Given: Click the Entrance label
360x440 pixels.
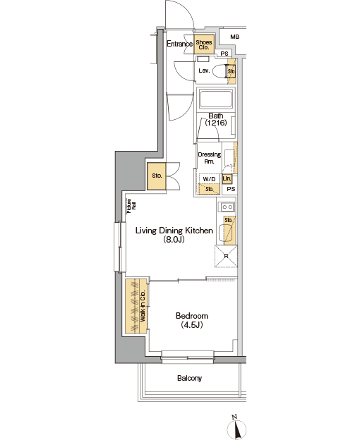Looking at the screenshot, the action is [179, 44].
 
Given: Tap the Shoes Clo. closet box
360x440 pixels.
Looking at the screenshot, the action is [204, 44].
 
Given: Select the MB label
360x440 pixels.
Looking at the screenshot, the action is [235, 37].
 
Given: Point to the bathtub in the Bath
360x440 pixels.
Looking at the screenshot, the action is [216, 99].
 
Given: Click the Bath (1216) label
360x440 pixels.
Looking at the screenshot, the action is [216, 119].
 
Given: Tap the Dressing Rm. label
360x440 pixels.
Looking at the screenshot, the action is [209, 158].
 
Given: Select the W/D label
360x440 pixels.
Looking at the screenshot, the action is [209, 179].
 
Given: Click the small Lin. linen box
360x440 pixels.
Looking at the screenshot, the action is [227, 179].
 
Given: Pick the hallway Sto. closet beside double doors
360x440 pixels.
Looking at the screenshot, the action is [157, 176].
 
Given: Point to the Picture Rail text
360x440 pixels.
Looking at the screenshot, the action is [131, 206].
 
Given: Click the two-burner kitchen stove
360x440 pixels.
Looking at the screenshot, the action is [227, 207].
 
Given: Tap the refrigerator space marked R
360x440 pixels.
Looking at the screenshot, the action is [226, 256].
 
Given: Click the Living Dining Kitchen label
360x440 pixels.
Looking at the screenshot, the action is [174, 231].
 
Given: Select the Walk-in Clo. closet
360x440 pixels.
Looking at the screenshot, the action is [136, 306].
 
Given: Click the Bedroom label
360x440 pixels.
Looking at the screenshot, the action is [192, 316].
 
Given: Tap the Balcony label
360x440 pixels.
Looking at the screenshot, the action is [190, 378].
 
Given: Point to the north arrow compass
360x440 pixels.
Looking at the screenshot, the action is [236, 427].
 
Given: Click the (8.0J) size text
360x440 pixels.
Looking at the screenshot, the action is [174, 240].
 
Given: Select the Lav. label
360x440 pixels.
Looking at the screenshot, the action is [204, 71].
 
